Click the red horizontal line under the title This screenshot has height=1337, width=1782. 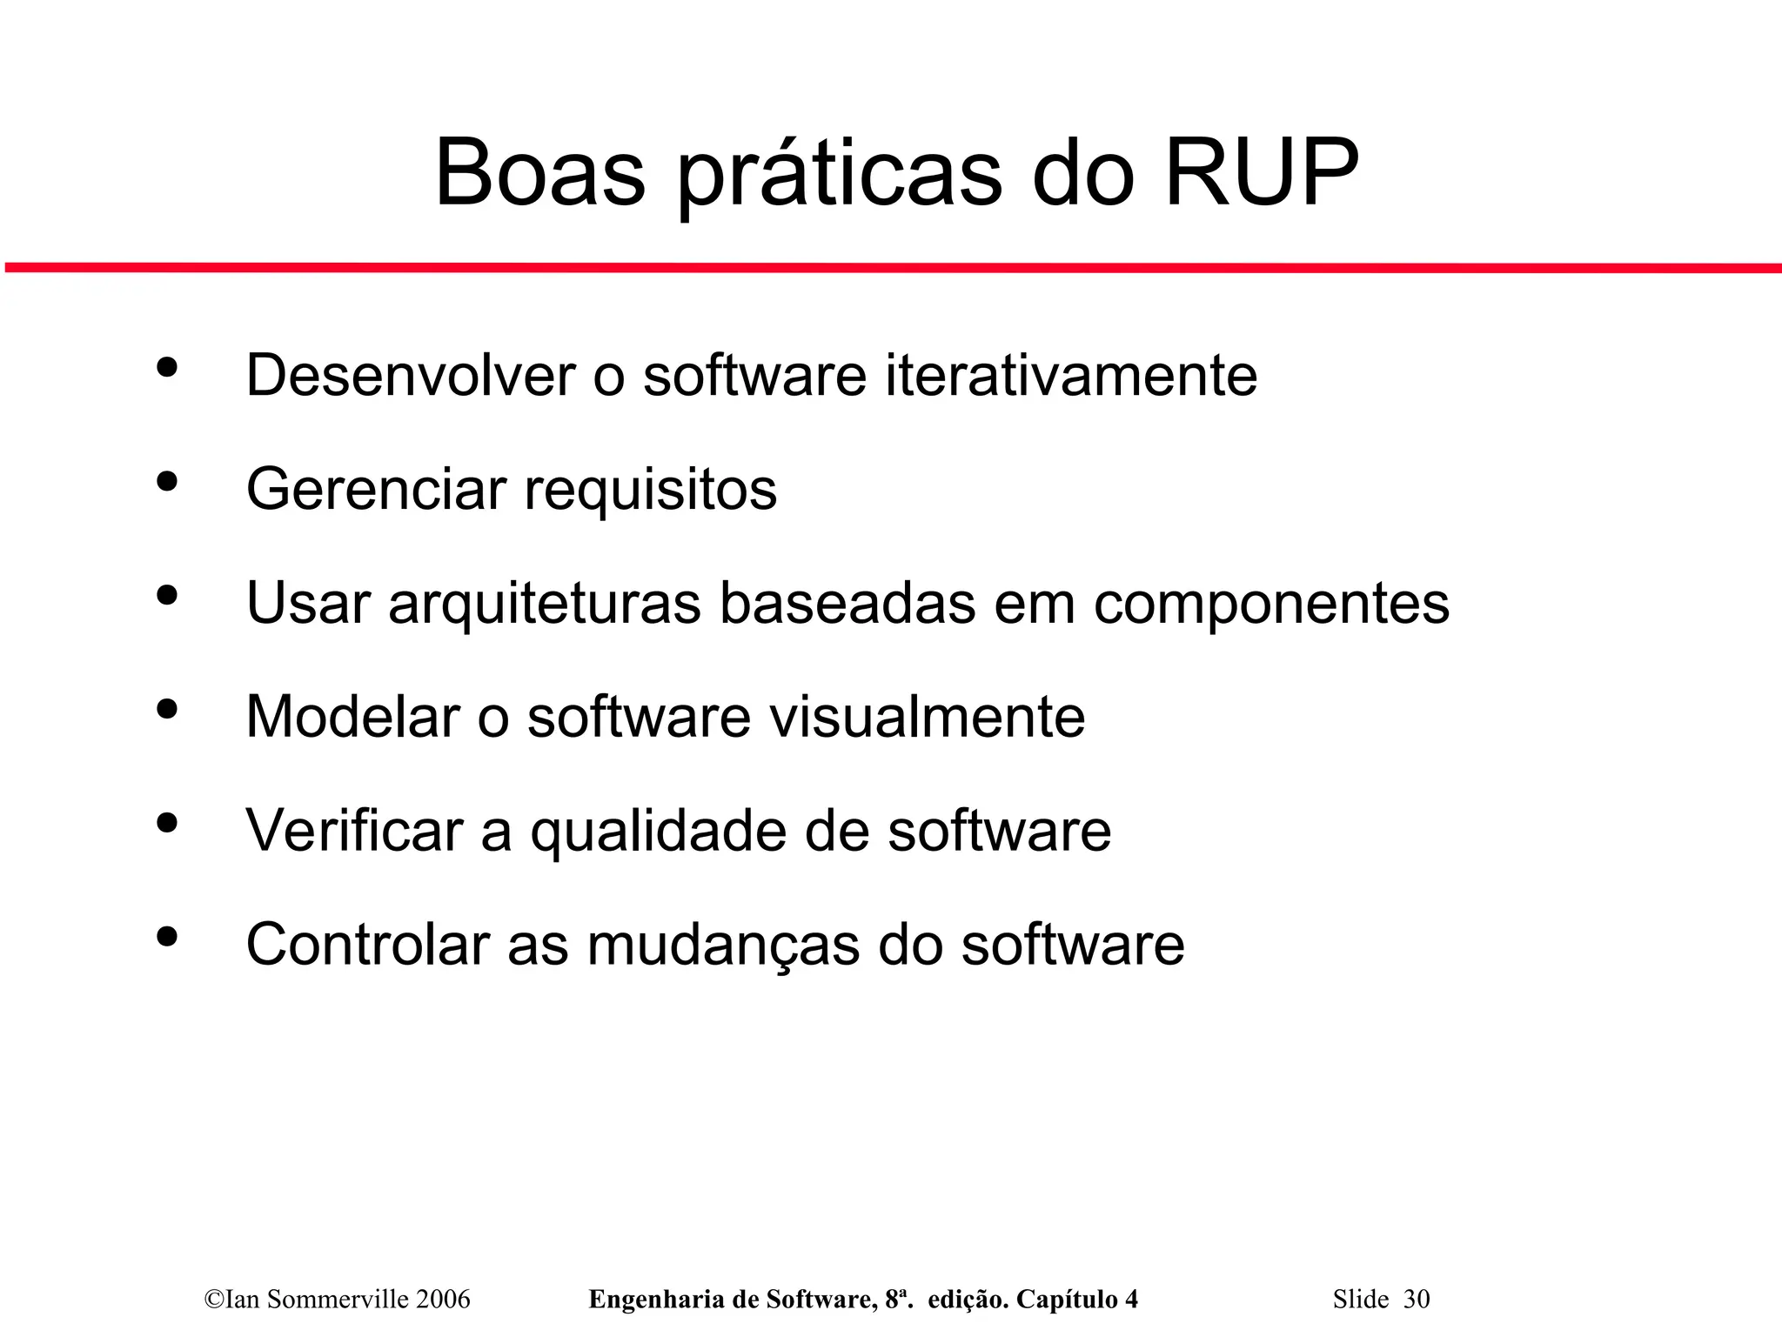point(891,268)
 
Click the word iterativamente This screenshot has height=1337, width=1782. point(1071,376)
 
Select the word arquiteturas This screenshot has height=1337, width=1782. point(545,604)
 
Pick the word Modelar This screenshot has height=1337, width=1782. point(352,717)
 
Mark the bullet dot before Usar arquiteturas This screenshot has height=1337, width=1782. point(166,595)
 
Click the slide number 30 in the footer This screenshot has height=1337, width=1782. point(1416,1300)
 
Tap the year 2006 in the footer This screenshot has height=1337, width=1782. point(443,1300)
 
